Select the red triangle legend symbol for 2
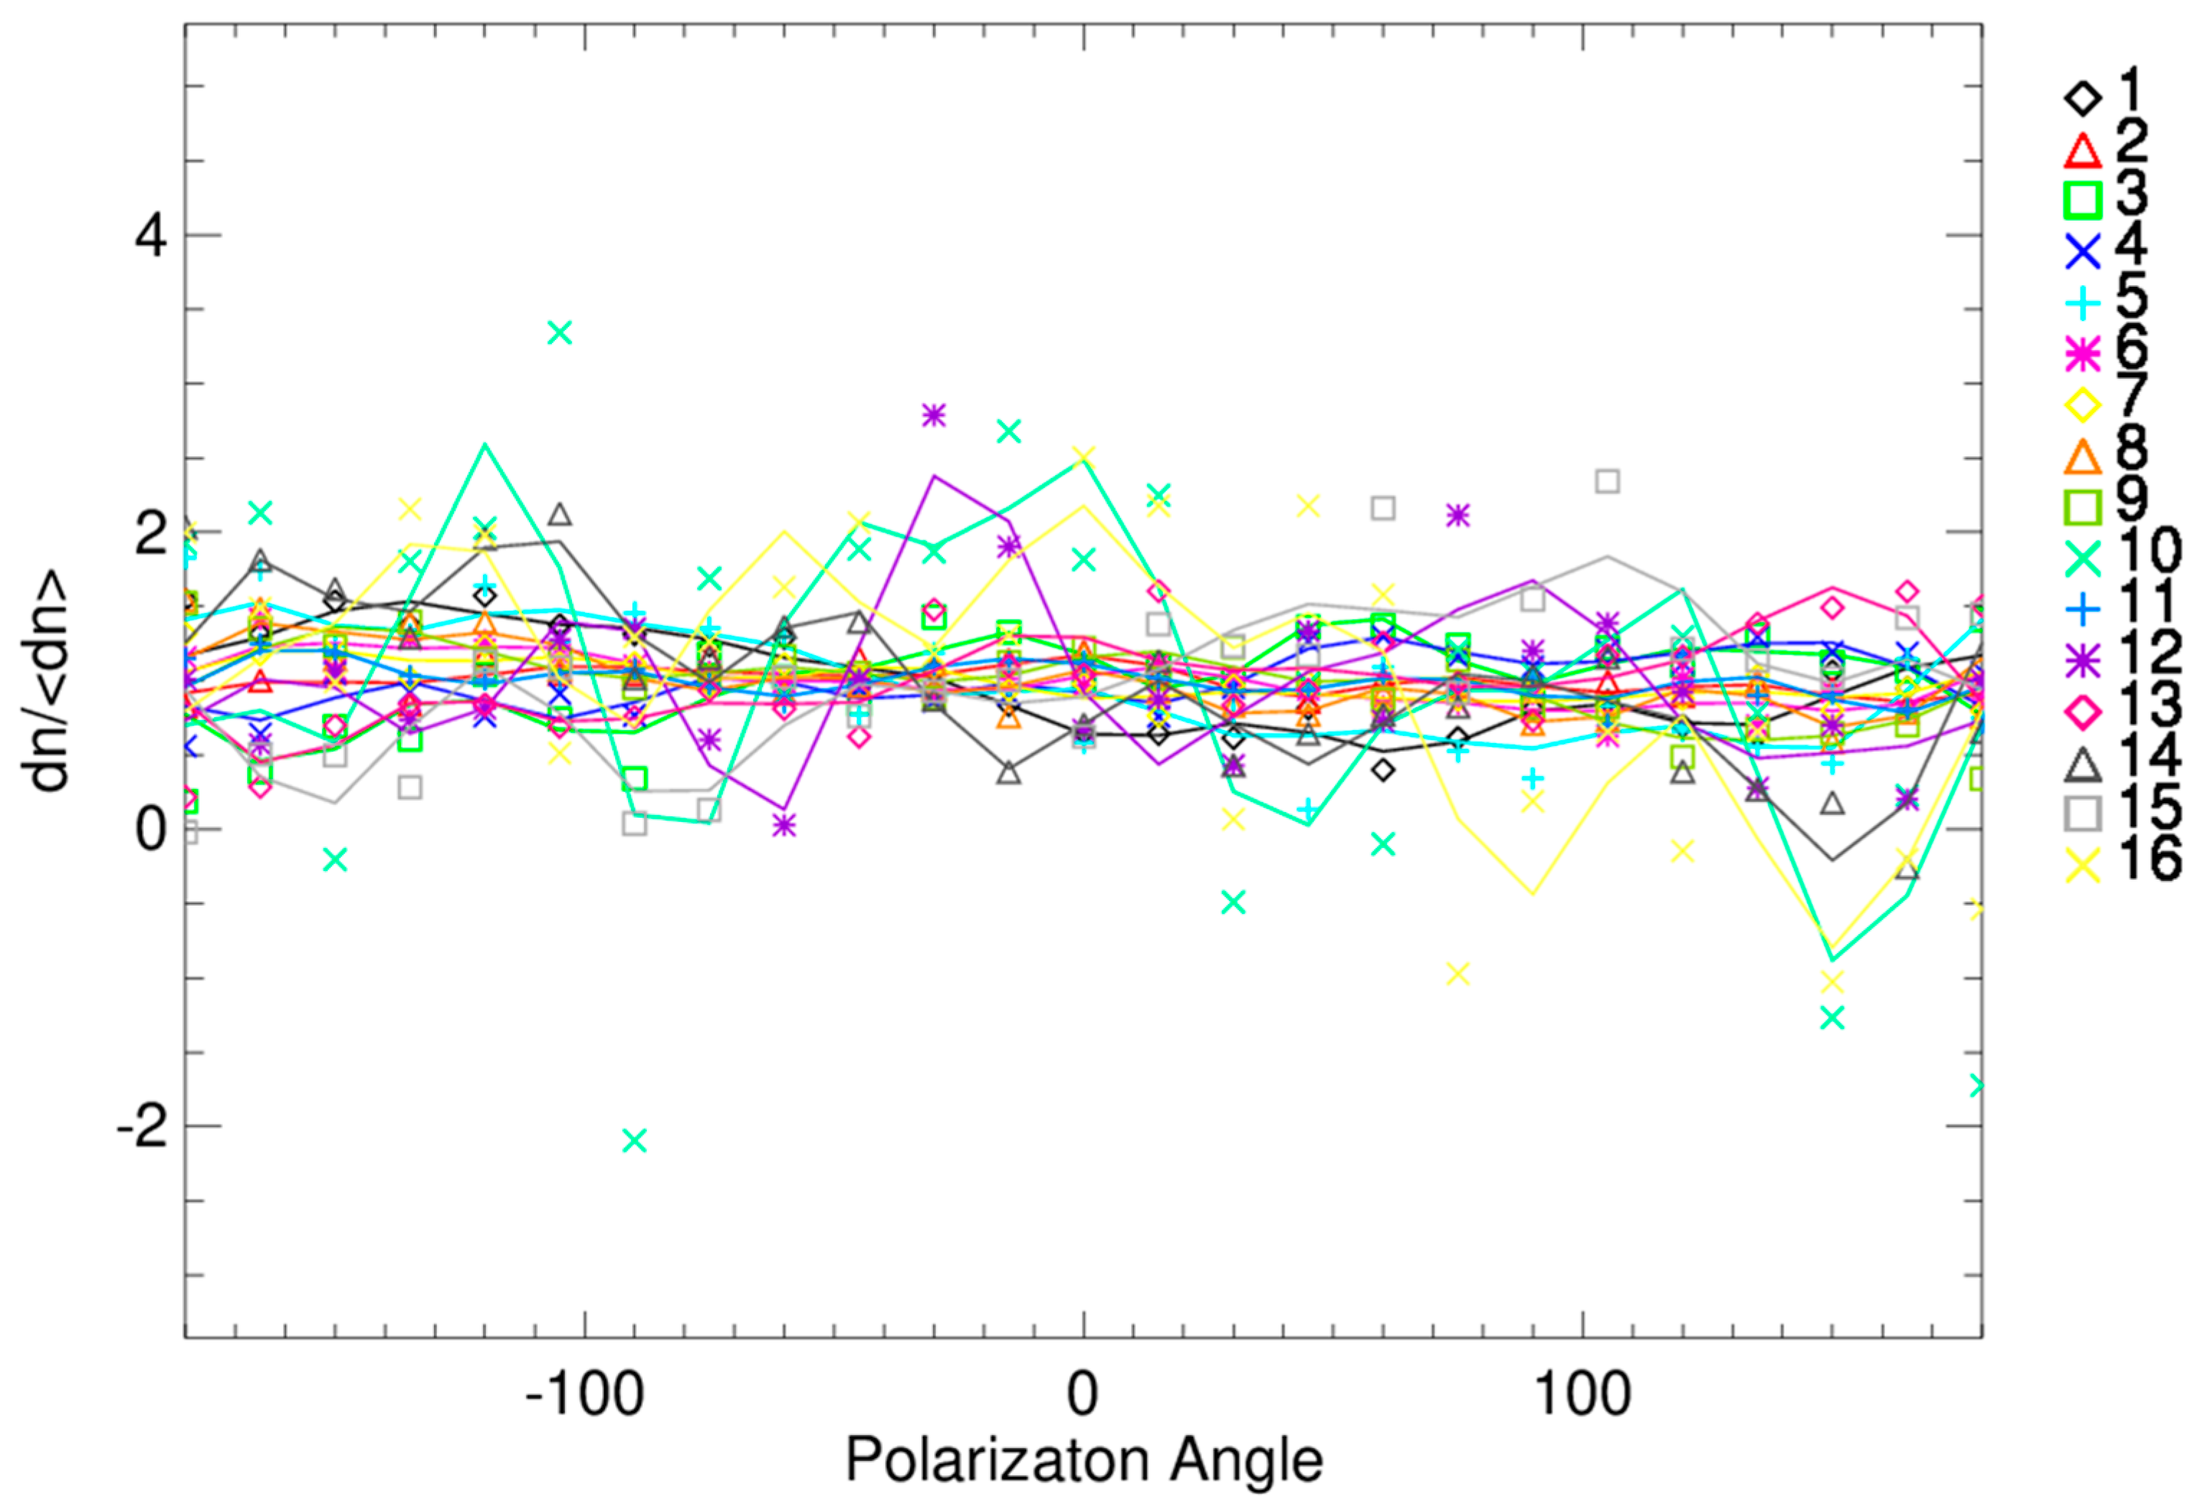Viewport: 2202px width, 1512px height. [2082, 149]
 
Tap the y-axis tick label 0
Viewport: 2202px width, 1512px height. [152, 831]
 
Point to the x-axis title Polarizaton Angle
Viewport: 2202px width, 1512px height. [1083, 1461]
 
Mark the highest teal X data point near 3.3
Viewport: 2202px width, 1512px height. [560, 333]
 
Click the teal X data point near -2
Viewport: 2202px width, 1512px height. [635, 1140]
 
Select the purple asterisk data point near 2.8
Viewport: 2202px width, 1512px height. [934, 415]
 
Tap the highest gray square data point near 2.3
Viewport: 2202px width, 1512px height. [1607, 481]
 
